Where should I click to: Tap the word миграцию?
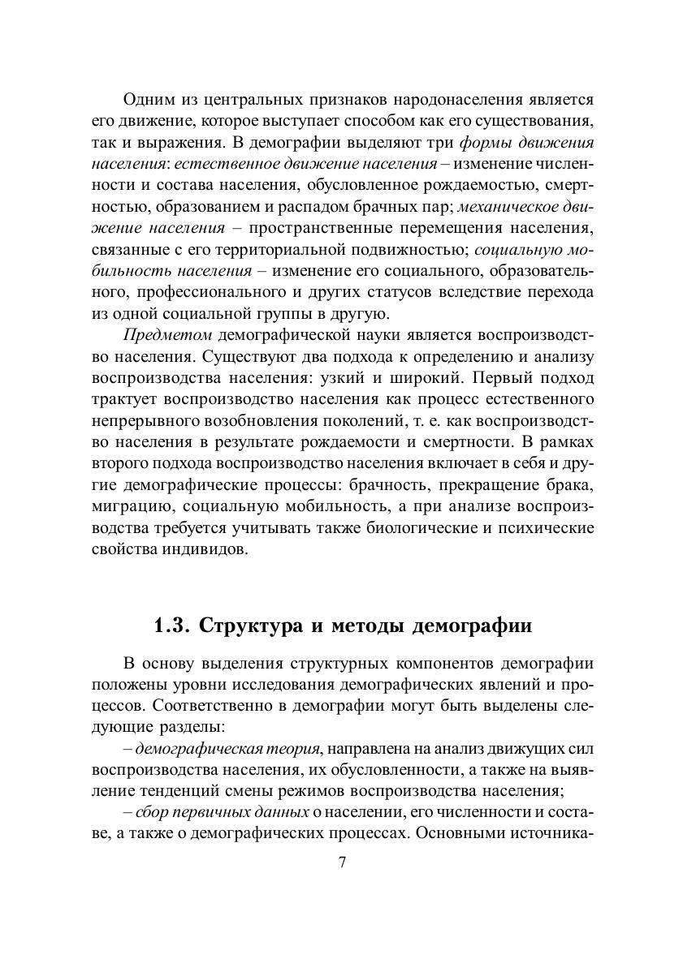click(131, 507)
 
